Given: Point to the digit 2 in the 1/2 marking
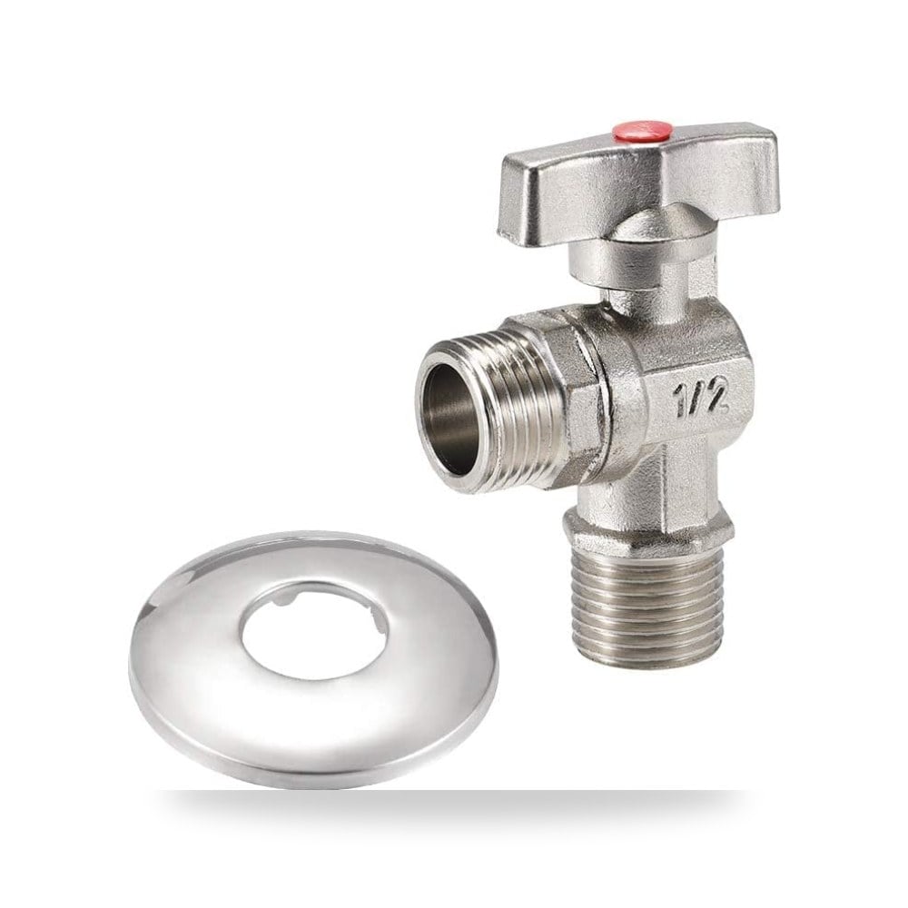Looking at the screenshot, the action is (x=716, y=396).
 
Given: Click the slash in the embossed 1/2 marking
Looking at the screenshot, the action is (x=696, y=399).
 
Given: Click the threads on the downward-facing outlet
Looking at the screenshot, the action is (x=648, y=602).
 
